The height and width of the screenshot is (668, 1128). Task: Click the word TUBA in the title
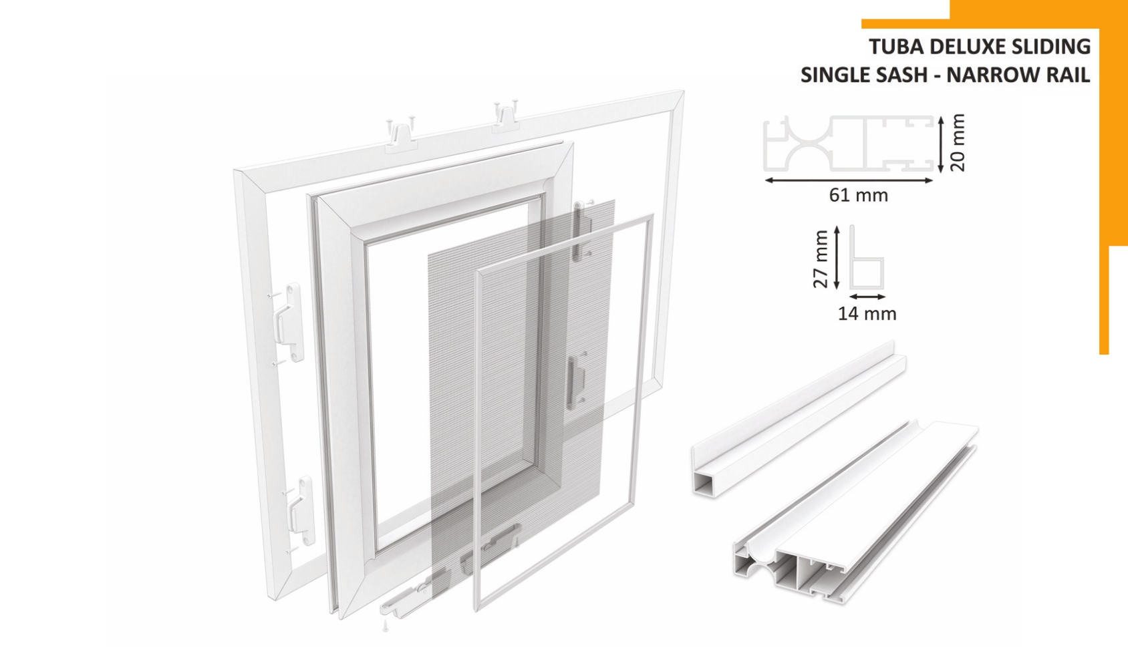tap(896, 46)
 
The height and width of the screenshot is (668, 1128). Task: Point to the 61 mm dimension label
tap(859, 195)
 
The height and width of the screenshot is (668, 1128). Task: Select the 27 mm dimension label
tap(821, 259)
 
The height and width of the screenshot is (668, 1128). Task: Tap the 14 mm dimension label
tap(867, 314)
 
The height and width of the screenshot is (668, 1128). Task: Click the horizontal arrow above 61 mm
tap(849, 180)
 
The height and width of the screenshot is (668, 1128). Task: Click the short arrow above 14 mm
tap(868, 297)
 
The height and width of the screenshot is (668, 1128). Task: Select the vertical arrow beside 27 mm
tap(837, 257)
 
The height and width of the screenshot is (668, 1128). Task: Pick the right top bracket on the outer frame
tap(506, 118)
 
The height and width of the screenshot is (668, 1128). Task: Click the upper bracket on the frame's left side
tap(288, 322)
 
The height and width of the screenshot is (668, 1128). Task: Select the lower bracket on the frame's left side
tap(300, 512)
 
